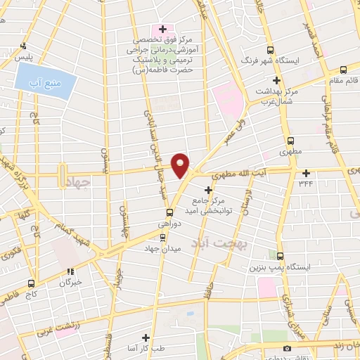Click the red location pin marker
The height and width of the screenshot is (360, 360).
tap(181, 165)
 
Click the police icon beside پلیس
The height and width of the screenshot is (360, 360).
tap(24, 45)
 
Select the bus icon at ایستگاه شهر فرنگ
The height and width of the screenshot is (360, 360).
tap(271, 49)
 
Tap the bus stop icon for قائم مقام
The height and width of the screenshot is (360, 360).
tap(343, 70)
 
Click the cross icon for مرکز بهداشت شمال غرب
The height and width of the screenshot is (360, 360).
tap(278, 80)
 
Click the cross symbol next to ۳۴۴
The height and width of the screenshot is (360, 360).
tap(306, 173)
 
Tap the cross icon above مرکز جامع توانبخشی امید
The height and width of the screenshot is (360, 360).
tap(208, 190)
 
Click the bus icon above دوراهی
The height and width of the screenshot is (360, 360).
tap(169, 213)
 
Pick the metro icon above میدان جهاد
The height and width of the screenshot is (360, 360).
tap(163, 237)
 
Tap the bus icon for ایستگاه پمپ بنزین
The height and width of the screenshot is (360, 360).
tap(281, 256)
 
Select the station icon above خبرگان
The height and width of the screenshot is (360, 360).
tap(70, 271)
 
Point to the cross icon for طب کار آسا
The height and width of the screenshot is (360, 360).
tap(146, 338)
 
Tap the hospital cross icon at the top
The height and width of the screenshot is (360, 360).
tap(163, 29)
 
